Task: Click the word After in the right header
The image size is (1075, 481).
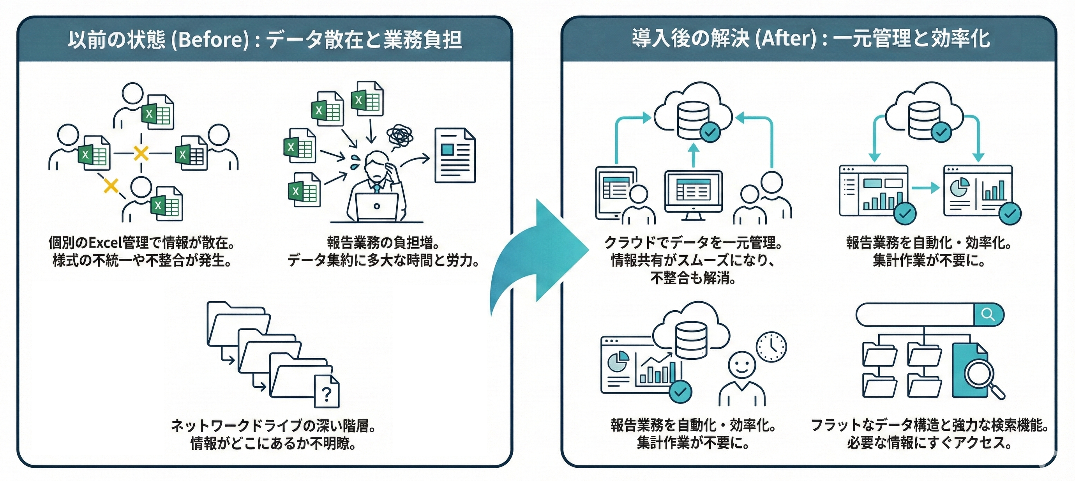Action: click(x=787, y=39)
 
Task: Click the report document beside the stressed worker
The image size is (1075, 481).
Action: click(x=455, y=155)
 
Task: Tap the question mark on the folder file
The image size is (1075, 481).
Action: click(x=327, y=393)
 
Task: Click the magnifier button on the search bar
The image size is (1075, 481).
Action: click(x=988, y=314)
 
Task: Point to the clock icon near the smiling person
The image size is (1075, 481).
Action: click(x=771, y=347)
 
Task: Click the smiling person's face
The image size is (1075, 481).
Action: click(x=741, y=364)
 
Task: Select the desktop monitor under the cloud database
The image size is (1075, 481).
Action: click(x=693, y=193)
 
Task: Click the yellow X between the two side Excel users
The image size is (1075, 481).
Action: click(x=141, y=153)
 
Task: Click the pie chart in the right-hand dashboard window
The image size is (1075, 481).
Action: click(x=959, y=187)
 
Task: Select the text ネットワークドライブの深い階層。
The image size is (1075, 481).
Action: click(x=274, y=426)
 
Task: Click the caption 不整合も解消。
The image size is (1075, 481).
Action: click(x=693, y=278)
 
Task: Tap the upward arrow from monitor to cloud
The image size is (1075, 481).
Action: click(x=694, y=155)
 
